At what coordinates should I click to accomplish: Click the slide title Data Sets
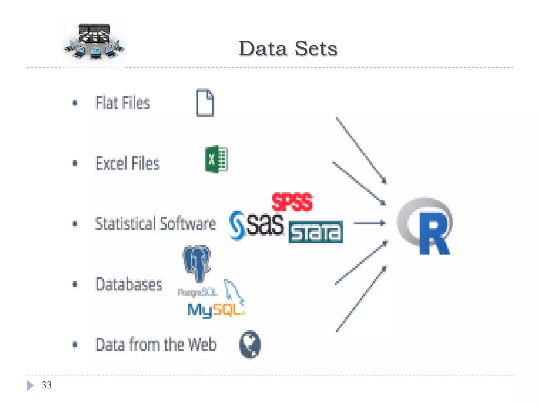point(288,49)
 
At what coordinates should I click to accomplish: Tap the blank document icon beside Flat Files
point(205,103)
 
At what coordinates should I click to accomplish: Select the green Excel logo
point(216,159)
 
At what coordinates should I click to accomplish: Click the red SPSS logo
point(292,202)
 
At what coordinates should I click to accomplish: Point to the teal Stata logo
point(316,232)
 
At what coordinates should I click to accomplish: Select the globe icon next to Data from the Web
point(250,344)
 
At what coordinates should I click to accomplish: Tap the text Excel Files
point(128,163)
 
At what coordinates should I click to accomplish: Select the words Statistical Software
point(156,224)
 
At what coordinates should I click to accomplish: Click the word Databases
point(129,284)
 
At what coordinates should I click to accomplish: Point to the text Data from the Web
point(156,344)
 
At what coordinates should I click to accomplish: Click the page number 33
point(47,385)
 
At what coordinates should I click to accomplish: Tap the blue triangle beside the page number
point(30,385)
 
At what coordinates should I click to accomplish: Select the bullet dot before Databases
point(75,284)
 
